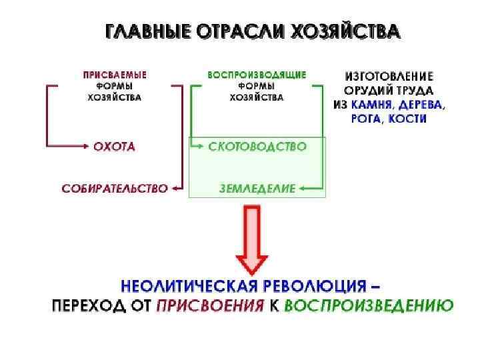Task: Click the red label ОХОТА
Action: coord(114,146)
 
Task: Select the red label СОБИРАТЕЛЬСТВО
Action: coord(114,189)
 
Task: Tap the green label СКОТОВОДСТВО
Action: coord(257,146)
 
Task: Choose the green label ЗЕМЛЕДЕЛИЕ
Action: coord(257,189)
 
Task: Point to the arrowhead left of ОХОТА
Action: coord(87,146)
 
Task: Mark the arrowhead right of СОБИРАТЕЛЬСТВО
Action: coord(175,189)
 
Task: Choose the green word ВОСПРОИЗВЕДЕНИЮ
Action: coord(369,306)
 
